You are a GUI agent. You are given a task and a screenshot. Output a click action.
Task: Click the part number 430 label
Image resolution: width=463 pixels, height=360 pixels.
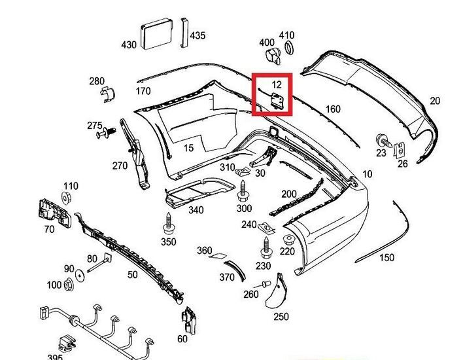click(129, 45)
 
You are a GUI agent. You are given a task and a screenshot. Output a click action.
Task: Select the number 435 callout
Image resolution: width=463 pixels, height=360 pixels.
click(197, 35)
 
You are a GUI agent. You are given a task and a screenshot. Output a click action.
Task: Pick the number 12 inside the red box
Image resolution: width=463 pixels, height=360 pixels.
click(277, 84)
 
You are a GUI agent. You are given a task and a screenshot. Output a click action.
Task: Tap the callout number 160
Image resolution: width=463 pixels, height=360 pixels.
click(333, 109)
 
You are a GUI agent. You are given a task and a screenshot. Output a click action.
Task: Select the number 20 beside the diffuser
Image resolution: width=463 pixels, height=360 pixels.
click(435, 100)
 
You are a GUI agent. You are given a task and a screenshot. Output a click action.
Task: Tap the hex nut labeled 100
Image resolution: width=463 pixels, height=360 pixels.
click(69, 285)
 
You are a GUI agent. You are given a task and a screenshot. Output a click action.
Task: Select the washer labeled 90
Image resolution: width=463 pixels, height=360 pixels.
click(79, 275)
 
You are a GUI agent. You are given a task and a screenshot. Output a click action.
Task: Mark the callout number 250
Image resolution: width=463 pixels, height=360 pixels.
click(281, 317)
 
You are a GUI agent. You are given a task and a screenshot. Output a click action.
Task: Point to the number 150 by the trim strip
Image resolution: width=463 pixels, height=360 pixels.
click(386, 258)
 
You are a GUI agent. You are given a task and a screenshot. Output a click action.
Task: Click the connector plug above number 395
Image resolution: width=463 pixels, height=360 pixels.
click(66, 341)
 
